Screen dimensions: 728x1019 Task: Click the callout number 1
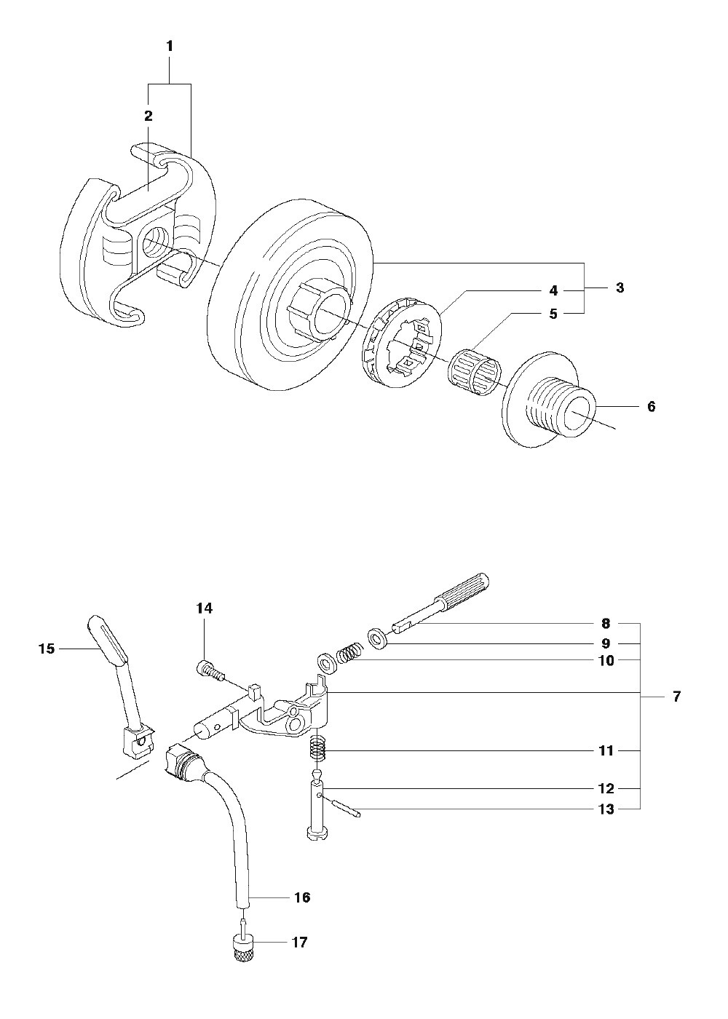click(169, 47)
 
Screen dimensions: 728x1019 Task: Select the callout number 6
click(651, 406)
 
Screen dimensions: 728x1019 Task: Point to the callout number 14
click(205, 608)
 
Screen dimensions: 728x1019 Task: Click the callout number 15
click(47, 649)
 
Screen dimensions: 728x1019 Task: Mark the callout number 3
click(620, 288)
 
